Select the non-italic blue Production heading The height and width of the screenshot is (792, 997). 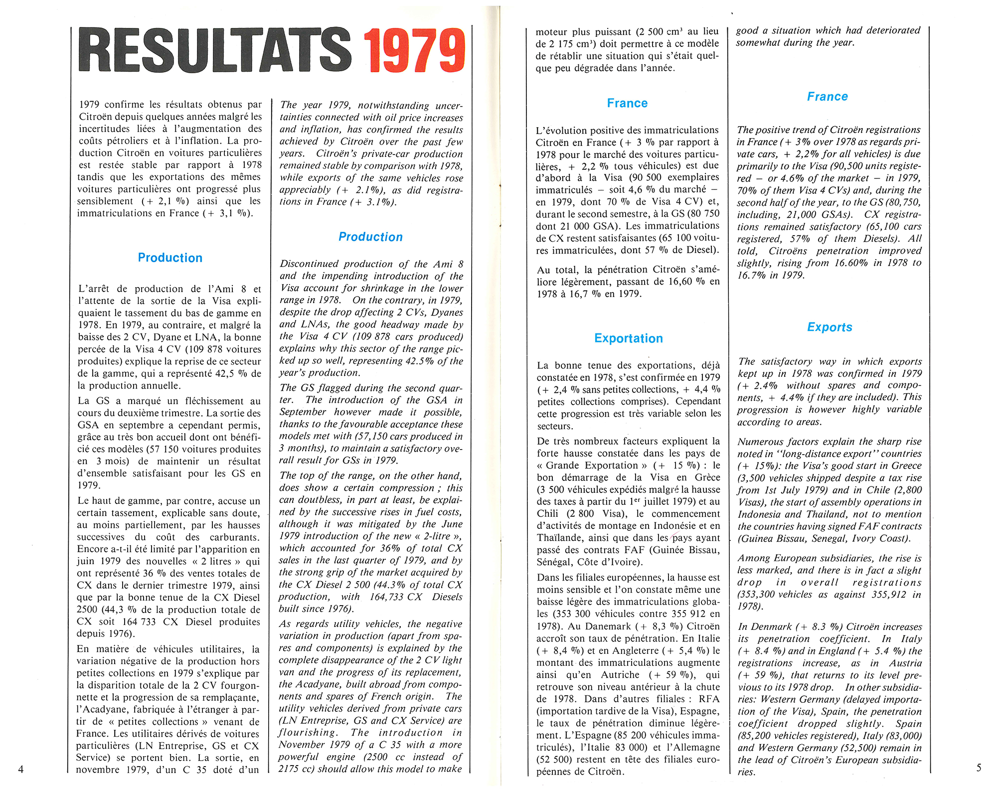coord(170,258)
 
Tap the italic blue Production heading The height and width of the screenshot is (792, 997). coord(370,237)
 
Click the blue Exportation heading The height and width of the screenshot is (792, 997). coord(628,338)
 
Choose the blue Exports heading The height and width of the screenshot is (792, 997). coord(830,327)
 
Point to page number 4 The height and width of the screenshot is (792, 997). coord(21,769)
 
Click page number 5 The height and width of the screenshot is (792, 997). coord(979,768)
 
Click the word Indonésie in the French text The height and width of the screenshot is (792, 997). coord(671,526)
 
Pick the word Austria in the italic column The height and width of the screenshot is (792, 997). coord(903,663)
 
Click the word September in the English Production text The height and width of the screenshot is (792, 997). coord(303,412)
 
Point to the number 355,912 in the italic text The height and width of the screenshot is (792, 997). coord(884,595)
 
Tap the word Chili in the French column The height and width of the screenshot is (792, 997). coord(548,514)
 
